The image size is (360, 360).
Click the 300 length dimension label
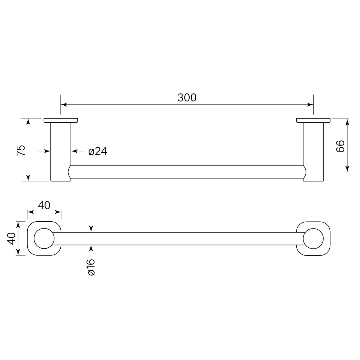click(187, 98)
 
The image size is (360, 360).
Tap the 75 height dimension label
click(21, 150)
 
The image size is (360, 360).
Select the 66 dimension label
click(340, 146)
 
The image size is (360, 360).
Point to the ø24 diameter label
click(98, 151)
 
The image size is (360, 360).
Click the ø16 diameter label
click(91, 267)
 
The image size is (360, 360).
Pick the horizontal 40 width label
click(44, 205)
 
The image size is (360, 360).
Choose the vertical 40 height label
click(11, 239)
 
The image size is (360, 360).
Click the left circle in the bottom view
click(44, 228)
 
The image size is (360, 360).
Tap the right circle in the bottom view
click(313, 228)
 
